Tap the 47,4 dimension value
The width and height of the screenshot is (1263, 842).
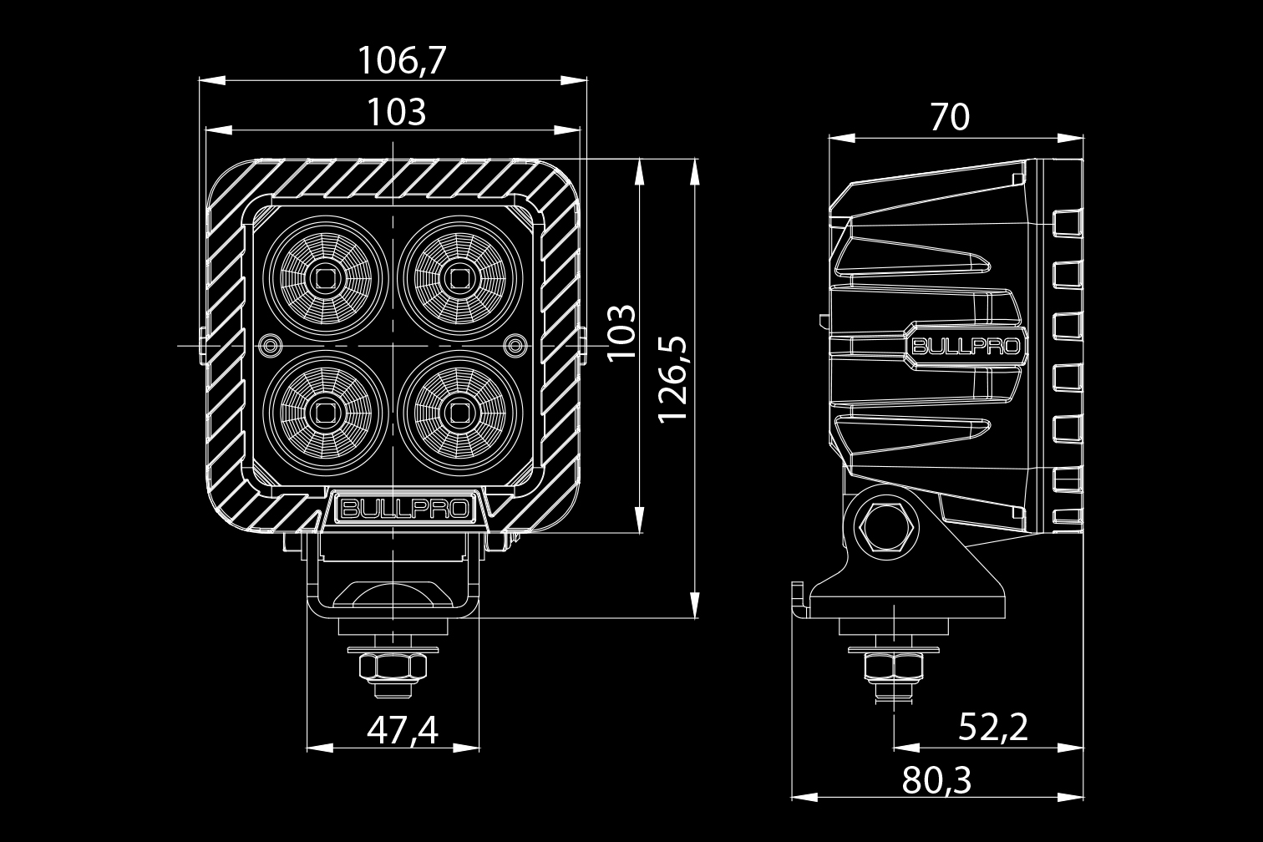click(x=402, y=731)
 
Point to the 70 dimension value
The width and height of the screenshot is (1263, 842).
click(x=950, y=118)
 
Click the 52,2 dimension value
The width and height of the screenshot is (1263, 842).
click(x=993, y=728)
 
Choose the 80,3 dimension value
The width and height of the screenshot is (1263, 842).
click(x=937, y=781)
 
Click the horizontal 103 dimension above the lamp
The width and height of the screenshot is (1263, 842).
click(x=397, y=111)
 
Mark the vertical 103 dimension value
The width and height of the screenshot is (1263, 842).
click(x=621, y=332)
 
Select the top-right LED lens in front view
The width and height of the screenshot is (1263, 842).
click(x=459, y=276)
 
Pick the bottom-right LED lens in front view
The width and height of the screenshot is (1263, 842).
click(x=459, y=411)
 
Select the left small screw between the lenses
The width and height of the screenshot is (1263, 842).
click(x=270, y=344)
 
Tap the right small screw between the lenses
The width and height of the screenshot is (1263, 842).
click(x=516, y=344)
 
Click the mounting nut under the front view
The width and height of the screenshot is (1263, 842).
click(x=392, y=667)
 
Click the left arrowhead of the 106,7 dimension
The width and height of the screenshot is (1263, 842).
click(x=205, y=80)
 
